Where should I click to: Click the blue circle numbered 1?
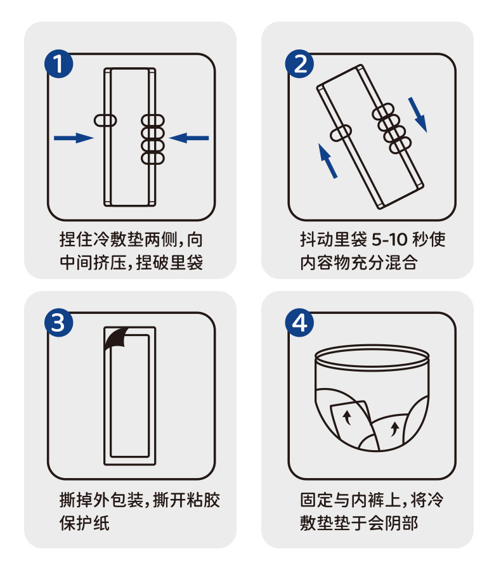coord(58,64)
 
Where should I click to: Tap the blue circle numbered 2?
coord(299,64)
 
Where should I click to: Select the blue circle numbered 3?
coord(58,323)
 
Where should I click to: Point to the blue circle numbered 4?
coord(299,323)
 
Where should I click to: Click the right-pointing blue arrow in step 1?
coord(74,138)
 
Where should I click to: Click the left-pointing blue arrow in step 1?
coord(189,138)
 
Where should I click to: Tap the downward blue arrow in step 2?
coord(418,114)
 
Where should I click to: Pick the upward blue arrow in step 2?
coord(327,160)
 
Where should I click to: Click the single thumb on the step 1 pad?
coord(105,120)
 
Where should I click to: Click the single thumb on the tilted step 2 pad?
coord(341,133)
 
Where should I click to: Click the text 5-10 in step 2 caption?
coord(389,240)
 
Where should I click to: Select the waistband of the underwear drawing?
coord(372,358)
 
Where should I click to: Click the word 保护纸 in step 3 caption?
coord(84,523)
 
